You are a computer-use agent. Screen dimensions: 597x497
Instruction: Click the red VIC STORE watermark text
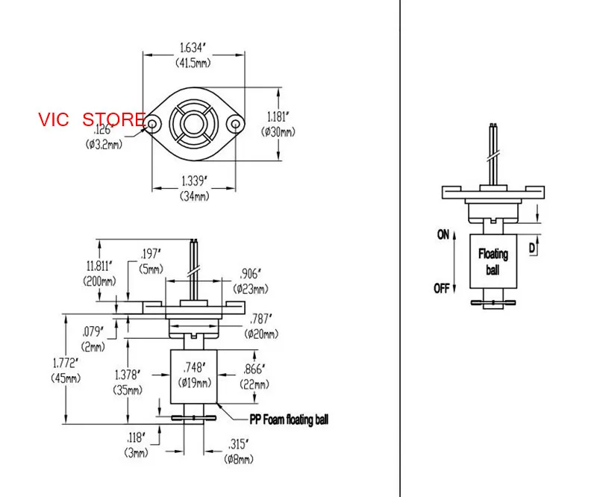pos(91,119)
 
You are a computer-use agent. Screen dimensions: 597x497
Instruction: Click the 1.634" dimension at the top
pos(193,48)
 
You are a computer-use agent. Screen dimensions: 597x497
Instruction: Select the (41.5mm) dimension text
pos(193,63)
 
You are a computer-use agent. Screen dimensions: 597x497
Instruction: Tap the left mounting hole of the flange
pos(152,124)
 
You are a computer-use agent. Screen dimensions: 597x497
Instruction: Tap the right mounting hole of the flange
pos(235,124)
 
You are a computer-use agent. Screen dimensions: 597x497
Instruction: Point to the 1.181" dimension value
pos(278,116)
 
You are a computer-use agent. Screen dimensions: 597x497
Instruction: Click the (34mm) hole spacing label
pos(194,196)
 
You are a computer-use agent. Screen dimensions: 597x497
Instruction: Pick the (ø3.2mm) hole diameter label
pos(104,145)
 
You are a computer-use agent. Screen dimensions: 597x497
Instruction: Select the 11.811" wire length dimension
pos(100,266)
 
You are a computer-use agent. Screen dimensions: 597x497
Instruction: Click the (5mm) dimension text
pos(151,269)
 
